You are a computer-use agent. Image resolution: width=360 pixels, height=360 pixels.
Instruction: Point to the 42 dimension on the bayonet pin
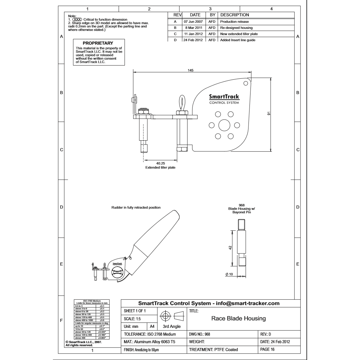pyautogui.click(x=230, y=248)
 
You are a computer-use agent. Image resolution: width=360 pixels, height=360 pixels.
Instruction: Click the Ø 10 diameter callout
pyautogui.click(x=231, y=274)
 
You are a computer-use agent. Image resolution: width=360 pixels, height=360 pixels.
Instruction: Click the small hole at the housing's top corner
pyautogui.click(x=246, y=83)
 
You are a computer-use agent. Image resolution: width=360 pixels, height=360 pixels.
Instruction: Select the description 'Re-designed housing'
pyautogui.click(x=236, y=28)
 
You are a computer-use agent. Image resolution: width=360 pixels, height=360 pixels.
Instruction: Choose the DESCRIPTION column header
pyautogui.click(x=234, y=15)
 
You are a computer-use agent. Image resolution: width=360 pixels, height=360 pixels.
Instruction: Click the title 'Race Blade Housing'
pyautogui.click(x=238, y=318)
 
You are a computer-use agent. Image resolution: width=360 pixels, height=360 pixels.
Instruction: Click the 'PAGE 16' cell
pyautogui.click(x=267, y=349)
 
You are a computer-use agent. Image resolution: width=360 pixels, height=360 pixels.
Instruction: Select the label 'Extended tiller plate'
pyautogui.click(x=160, y=167)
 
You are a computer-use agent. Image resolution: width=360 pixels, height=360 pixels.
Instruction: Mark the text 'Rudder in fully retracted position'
pyautogui.click(x=136, y=208)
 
